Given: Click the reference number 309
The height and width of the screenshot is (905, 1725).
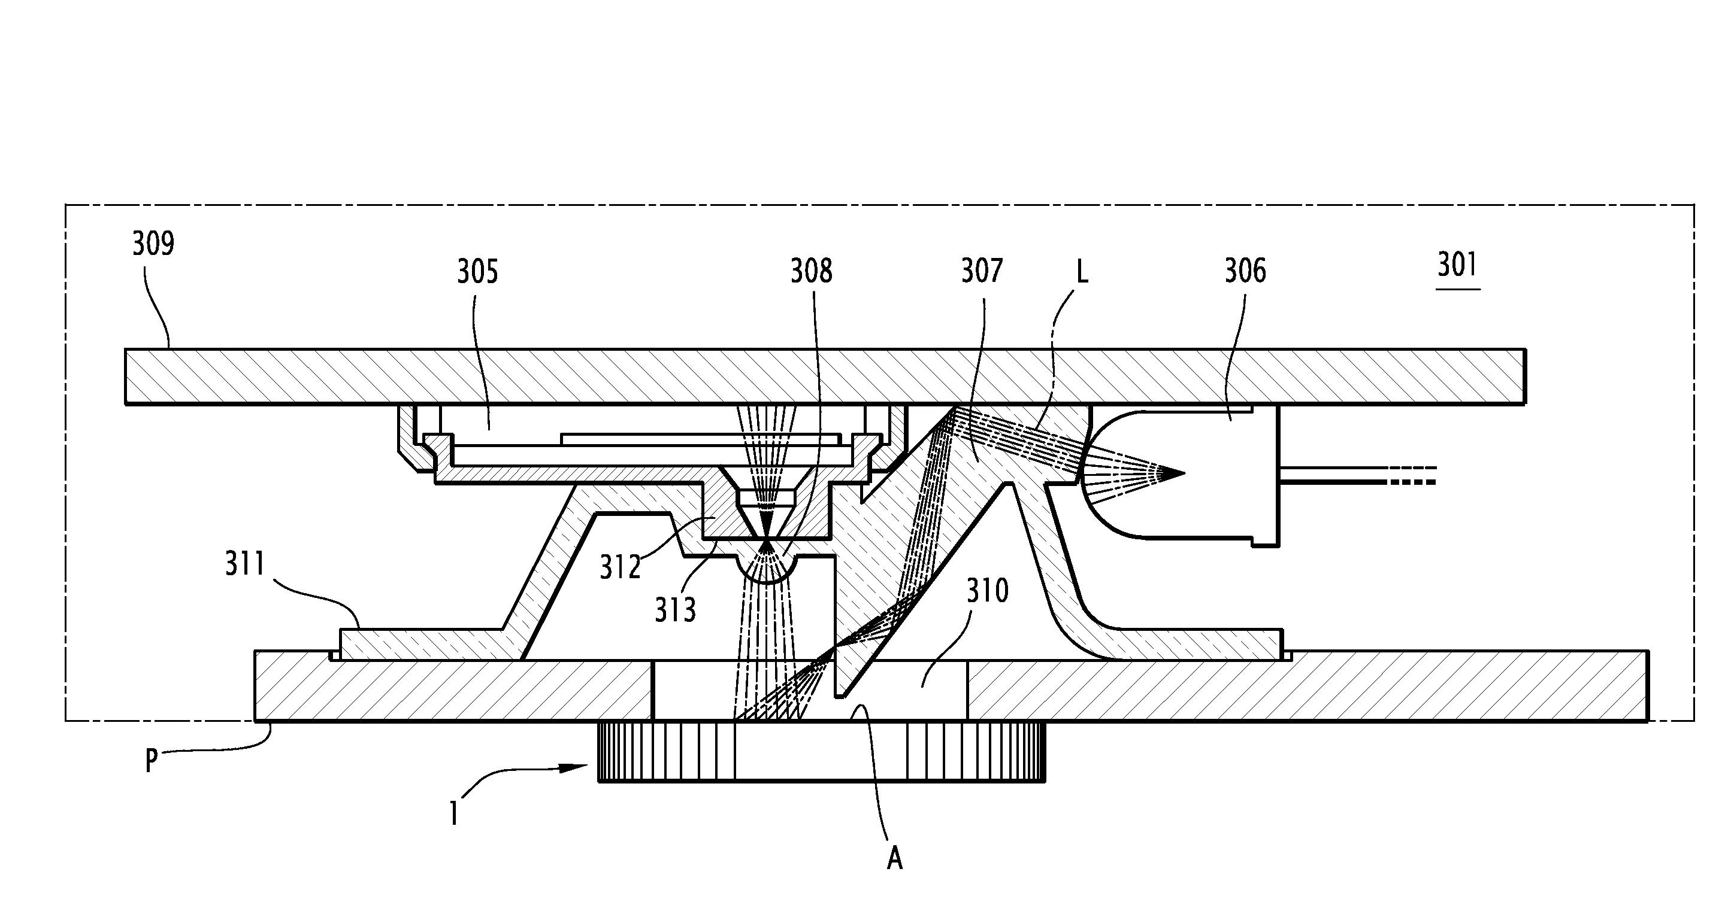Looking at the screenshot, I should coord(153,244).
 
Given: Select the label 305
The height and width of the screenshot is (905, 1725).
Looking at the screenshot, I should coord(477,272).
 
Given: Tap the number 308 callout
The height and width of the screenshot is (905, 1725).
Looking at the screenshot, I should coord(811,271).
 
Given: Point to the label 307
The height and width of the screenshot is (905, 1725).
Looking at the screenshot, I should coord(982,271).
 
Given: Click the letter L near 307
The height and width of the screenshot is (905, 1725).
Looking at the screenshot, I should coord(1082,272).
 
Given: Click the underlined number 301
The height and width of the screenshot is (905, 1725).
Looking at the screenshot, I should coord(1457,265).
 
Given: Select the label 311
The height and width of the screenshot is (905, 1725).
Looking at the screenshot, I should coord(245,564).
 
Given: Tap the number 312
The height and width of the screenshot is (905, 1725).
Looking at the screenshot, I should coord(620,567).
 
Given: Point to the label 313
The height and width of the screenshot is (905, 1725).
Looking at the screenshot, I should coord(675,610).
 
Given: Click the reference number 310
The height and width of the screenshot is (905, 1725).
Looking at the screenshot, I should coord(987,591).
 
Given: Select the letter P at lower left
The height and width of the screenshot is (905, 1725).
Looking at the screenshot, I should coord(152,761).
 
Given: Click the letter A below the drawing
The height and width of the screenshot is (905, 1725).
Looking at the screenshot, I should coord(895,858).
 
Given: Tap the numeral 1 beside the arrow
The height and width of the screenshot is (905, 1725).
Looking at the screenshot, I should coord(455,813).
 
